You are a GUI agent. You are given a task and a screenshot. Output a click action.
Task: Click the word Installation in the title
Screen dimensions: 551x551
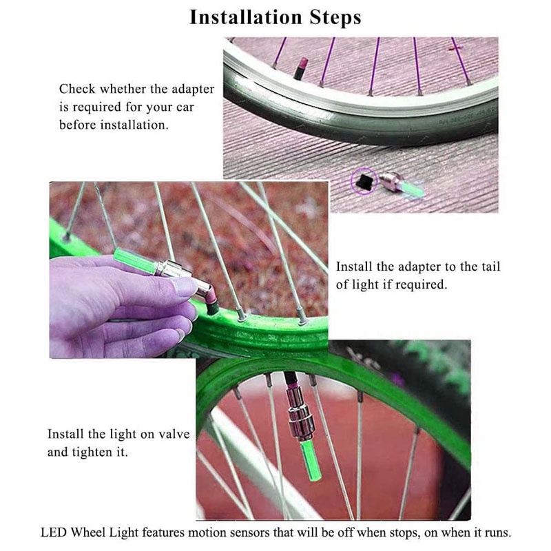click(246, 17)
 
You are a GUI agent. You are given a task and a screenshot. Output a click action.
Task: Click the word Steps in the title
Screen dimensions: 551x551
click(335, 18)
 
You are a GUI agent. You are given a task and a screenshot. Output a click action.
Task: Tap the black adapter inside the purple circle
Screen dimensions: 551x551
click(364, 181)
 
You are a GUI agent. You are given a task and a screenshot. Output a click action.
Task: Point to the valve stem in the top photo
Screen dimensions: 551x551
click(301, 68)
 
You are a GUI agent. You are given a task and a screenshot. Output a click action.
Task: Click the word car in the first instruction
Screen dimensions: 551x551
click(185, 107)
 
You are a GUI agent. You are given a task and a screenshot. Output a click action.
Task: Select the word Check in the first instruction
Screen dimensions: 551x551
click(77, 89)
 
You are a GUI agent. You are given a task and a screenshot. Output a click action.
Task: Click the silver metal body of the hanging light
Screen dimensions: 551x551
click(300, 414)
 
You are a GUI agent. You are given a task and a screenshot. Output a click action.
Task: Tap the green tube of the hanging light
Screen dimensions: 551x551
click(311, 461)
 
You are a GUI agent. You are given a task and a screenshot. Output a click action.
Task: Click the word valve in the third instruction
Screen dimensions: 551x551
click(174, 434)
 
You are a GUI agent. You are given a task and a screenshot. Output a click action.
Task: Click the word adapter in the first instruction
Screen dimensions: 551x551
click(193, 90)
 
